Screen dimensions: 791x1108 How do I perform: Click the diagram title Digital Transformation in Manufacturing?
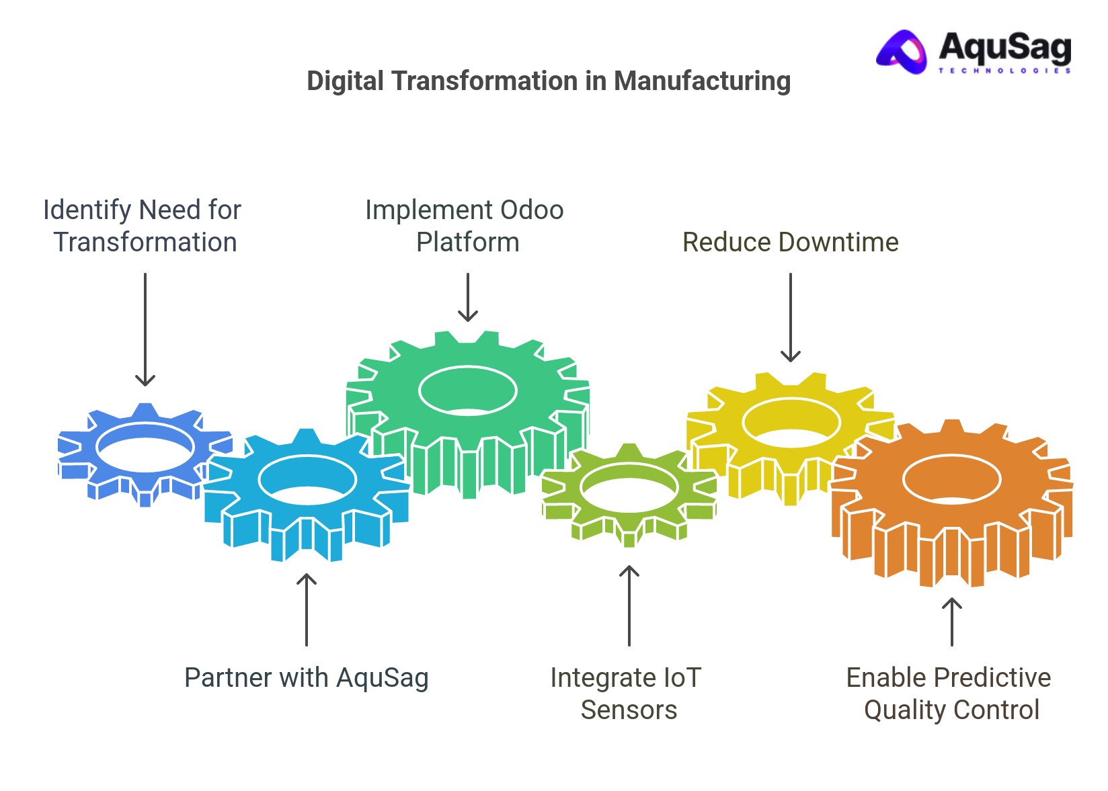click(x=548, y=81)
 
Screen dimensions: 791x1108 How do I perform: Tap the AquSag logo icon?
click(x=902, y=52)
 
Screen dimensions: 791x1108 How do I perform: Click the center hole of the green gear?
click(x=468, y=390)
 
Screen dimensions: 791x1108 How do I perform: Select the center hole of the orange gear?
click(x=951, y=479)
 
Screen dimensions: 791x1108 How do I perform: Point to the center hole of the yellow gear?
click(x=791, y=422)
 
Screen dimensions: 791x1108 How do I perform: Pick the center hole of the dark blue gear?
click(x=145, y=446)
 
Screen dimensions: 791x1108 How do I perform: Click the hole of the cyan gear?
click(x=307, y=479)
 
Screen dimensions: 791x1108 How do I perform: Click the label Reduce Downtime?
click(x=790, y=243)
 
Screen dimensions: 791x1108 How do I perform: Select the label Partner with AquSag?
click(x=306, y=678)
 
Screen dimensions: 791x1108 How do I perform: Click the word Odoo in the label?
click(x=531, y=210)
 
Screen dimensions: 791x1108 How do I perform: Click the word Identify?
click(x=87, y=210)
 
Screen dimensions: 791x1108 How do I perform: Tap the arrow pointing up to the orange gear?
click(x=951, y=622)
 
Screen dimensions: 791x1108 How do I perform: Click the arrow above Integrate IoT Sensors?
click(x=629, y=606)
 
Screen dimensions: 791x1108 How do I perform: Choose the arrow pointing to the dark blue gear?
click(x=145, y=329)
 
